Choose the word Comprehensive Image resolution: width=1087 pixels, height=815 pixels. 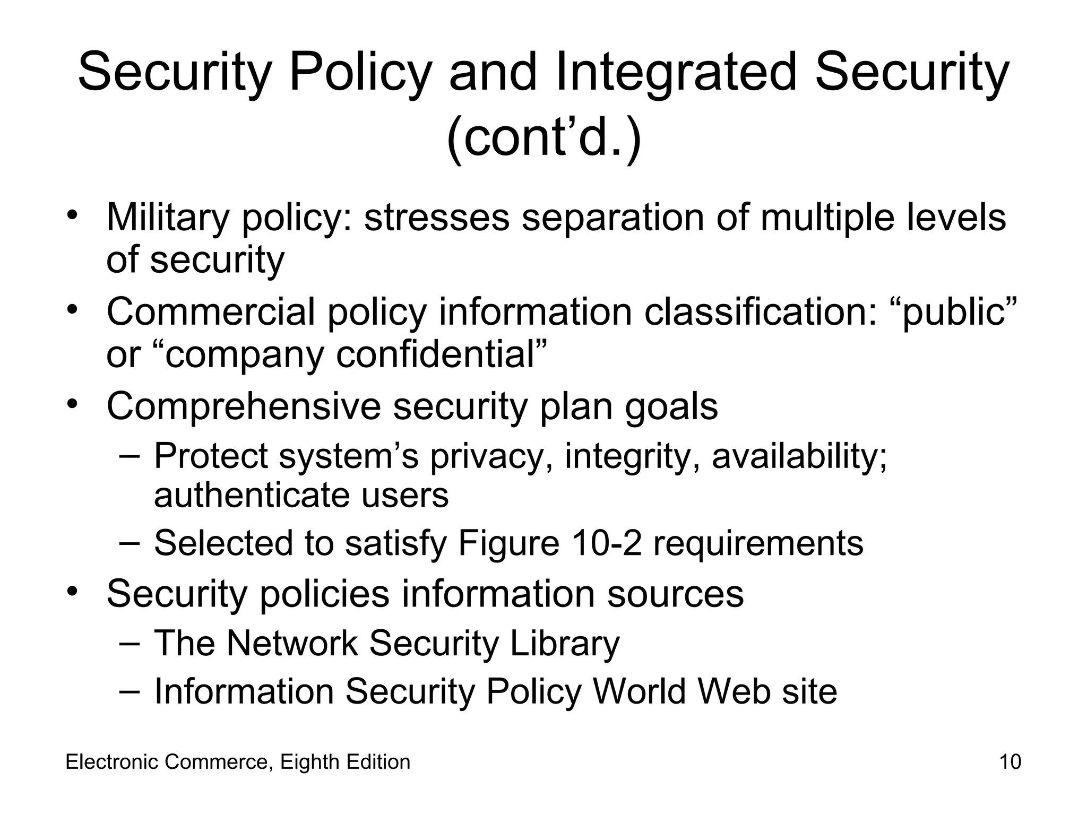click(x=244, y=406)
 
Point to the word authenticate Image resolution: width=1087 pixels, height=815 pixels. click(x=252, y=496)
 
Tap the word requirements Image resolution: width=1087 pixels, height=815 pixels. click(x=758, y=543)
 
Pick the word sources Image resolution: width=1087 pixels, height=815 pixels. click(x=675, y=593)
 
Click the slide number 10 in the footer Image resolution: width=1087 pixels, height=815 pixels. click(x=1010, y=762)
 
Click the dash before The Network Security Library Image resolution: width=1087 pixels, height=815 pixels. click(x=130, y=642)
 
